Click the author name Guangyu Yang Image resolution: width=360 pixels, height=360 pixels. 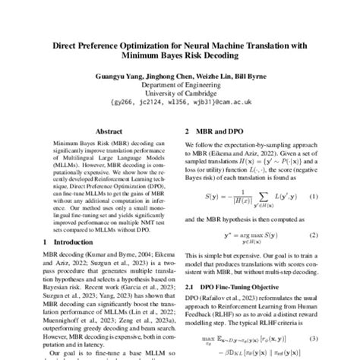click(117, 75)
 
